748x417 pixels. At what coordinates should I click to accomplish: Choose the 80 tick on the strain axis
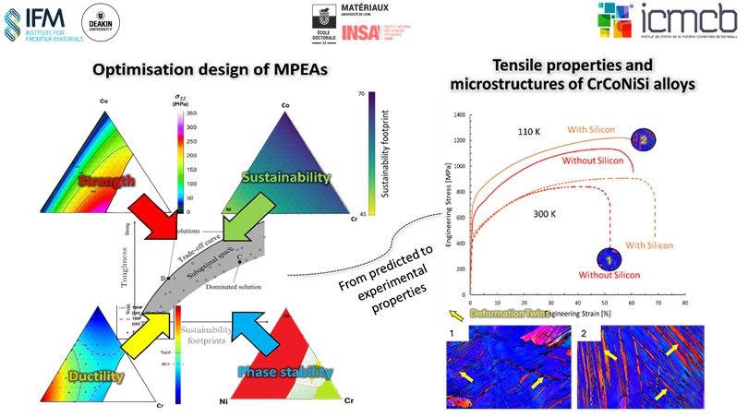684,303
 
